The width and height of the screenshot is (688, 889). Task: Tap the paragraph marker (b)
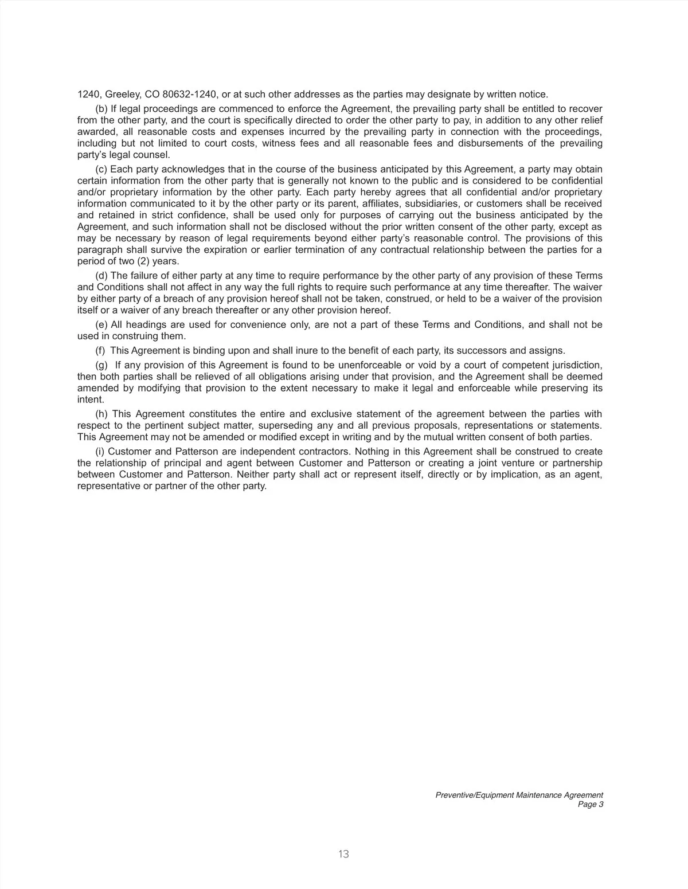tap(101, 109)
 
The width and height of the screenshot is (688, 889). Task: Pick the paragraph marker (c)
tap(101, 169)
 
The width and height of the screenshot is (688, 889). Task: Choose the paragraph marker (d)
tap(101, 276)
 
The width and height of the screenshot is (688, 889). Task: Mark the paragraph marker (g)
tap(101, 365)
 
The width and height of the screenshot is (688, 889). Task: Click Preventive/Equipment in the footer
tap(474, 795)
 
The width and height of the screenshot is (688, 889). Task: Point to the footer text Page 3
tap(591, 804)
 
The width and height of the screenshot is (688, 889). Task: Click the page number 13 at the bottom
tap(344, 854)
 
